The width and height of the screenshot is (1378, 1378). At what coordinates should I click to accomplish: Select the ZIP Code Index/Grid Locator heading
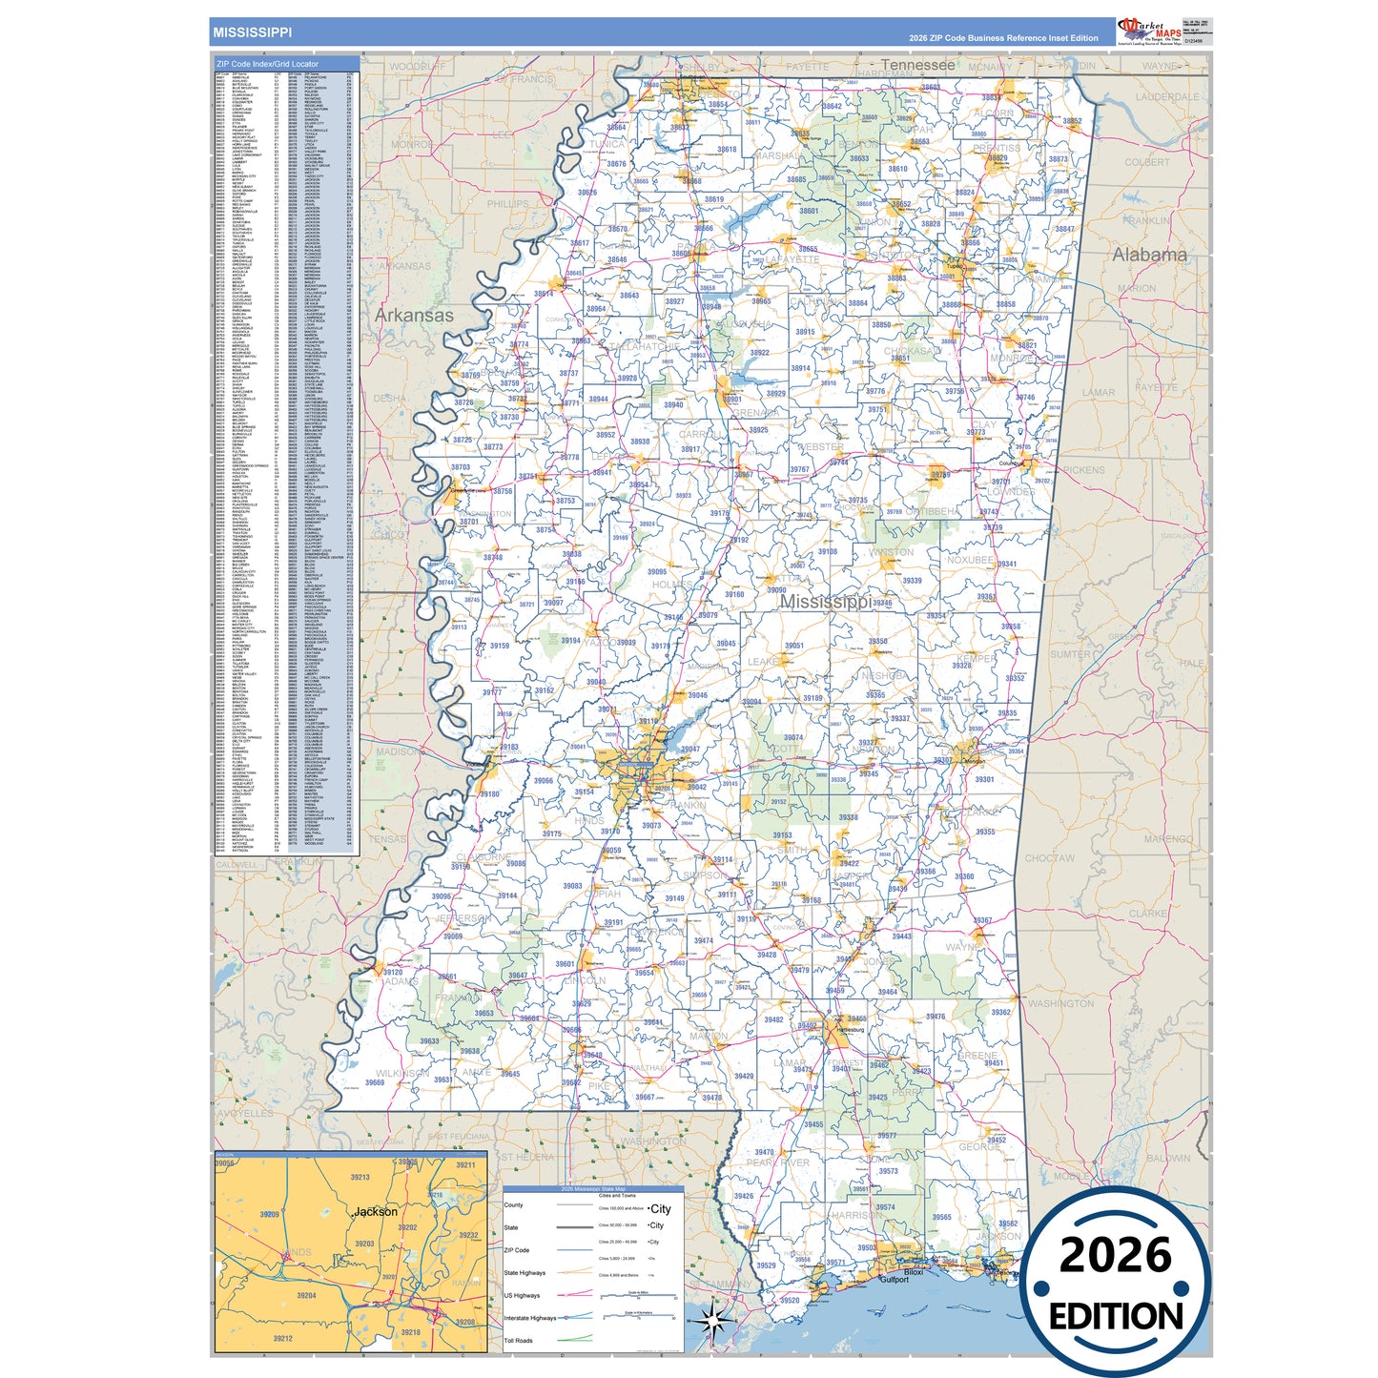[x=268, y=64]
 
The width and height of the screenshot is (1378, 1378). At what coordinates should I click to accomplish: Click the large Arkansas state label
[x=414, y=315]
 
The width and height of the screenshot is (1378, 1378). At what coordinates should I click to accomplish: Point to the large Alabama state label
[x=1149, y=255]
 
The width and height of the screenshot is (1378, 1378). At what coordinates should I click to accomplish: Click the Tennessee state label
[x=917, y=65]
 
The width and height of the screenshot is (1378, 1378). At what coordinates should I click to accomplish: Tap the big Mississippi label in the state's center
[x=825, y=602]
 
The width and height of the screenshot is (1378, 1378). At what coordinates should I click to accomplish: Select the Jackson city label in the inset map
[x=376, y=1211]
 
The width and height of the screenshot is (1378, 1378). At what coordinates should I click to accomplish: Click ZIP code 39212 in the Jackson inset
[x=282, y=1338]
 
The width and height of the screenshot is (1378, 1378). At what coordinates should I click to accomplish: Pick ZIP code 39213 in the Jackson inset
[x=360, y=1178]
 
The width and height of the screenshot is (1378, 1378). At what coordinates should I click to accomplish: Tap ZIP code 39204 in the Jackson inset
[x=306, y=1296]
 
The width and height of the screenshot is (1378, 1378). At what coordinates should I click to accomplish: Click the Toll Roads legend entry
[x=518, y=1340]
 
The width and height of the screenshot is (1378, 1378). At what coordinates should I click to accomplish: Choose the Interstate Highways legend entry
[x=529, y=1318]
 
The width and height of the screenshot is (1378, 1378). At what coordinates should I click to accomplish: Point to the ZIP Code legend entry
[x=516, y=1250]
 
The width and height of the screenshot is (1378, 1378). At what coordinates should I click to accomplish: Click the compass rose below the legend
[x=716, y=1322]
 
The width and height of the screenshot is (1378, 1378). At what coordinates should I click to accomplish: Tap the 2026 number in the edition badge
[x=1115, y=1255]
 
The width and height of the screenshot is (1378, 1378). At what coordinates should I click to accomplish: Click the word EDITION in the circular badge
[x=1116, y=1316]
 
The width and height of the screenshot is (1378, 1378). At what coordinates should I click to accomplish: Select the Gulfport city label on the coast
[x=894, y=1279]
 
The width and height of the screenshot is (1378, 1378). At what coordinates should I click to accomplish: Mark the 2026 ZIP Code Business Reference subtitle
[x=1003, y=38]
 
